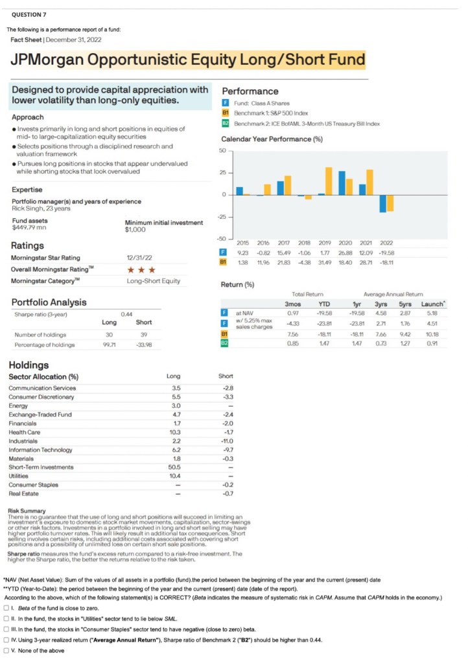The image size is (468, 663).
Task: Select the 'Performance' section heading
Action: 250,91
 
